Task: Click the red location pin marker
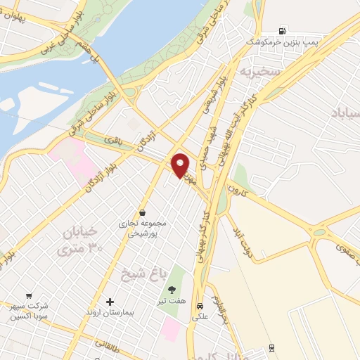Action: click(181, 165)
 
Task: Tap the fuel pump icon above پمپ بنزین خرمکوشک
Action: click(282, 30)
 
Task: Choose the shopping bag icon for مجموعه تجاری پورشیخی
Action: click(143, 212)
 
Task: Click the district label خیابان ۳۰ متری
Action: click(79, 239)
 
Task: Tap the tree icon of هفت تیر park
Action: click(172, 289)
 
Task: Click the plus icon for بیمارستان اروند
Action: click(109, 302)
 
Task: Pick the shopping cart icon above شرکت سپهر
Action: click(29, 296)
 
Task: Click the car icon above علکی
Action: click(200, 306)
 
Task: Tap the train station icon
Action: click(272, 349)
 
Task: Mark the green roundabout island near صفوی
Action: click(319, 231)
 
